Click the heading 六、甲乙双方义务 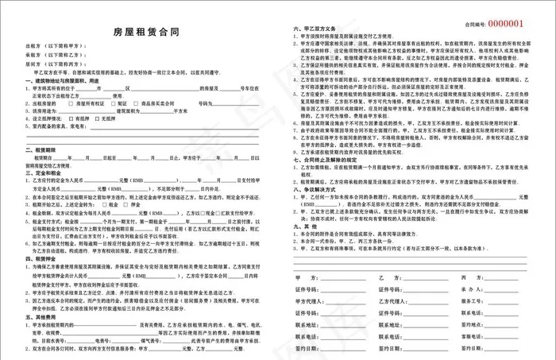[x=312, y=27]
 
